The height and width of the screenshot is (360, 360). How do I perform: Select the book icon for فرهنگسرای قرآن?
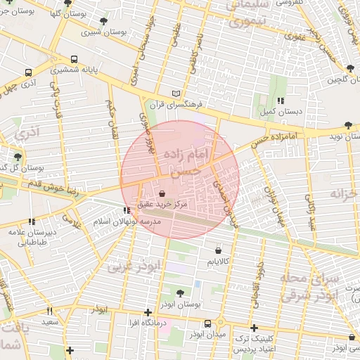(x=176, y=94)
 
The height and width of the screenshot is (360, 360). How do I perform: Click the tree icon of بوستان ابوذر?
(x=181, y=293)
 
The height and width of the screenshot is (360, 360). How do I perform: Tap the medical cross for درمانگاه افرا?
(x=148, y=312)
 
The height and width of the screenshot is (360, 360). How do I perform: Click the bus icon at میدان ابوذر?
(x=207, y=323)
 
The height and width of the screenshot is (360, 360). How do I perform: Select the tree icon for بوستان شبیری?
(x=104, y=22)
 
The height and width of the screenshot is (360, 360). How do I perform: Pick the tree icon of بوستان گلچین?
(x=350, y=68)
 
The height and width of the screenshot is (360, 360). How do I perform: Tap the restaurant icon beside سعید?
(x=49, y=311)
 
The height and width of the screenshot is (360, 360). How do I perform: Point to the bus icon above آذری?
(x=28, y=72)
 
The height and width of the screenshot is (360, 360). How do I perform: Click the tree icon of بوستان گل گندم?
(x=17, y=156)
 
